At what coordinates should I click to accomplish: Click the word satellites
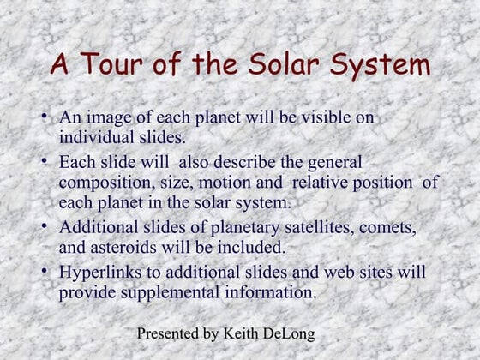tap(319, 227)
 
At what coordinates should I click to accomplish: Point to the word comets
tap(387, 228)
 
